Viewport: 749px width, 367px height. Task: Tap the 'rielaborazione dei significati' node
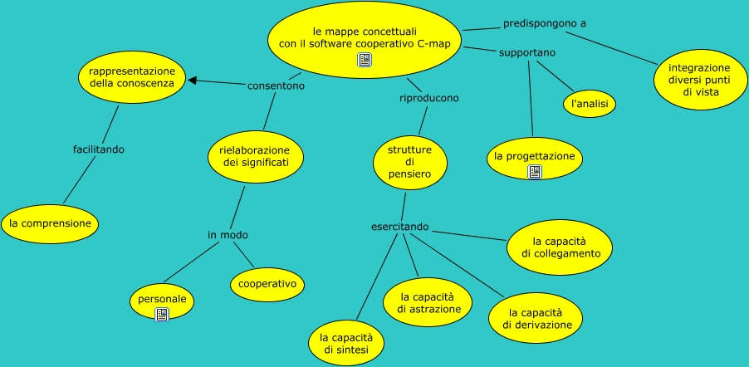(256, 155)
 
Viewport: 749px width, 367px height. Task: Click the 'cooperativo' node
(267, 284)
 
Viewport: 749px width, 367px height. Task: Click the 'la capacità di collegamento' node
(560, 247)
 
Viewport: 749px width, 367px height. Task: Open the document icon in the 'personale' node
(162, 314)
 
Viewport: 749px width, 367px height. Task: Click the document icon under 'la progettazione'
(535, 172)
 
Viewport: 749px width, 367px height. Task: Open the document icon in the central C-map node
(364, 59)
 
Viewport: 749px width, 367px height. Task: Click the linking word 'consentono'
(276, 85)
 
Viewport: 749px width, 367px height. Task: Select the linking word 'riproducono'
(428, 98)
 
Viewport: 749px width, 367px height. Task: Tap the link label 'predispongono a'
(544, 23)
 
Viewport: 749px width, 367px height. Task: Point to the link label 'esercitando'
(399, 227)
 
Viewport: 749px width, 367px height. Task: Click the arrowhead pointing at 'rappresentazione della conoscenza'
(192, 81)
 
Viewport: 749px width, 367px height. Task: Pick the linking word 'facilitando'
(99, 149)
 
